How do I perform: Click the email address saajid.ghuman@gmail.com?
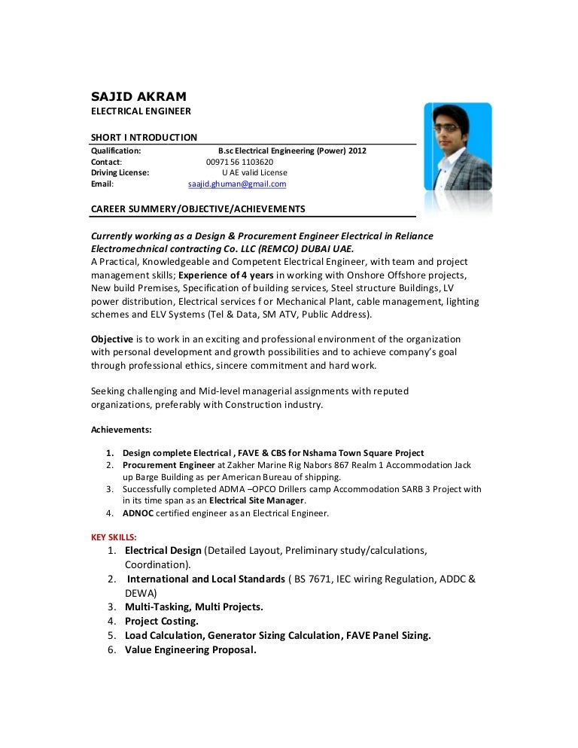[237, 184]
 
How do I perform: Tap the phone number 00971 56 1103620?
[239, 161]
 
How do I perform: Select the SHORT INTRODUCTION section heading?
[144, 137]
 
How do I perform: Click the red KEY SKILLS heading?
[114, 537]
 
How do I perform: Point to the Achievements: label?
[121, 430]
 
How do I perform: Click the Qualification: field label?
[116, 151]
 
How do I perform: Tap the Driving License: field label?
[120, 172]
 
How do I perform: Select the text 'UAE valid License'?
[255, 172]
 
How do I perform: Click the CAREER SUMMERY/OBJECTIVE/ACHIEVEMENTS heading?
[197, 207]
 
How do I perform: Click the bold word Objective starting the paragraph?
[112, 339]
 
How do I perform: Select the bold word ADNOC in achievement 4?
[139, 513]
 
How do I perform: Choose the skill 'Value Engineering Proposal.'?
[190, 649]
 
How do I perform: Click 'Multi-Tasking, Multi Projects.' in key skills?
[194, 607]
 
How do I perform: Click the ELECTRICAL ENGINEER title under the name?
[141, 111]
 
